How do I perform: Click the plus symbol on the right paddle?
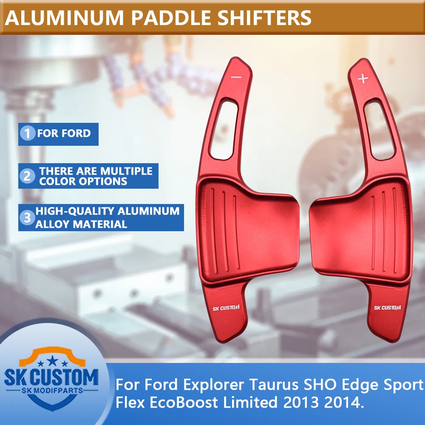pyautogui.click(x=363, y=79)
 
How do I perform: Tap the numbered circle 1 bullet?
pyautogui.click(x=28, y=134)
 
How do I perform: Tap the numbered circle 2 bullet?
pyautogui.click(x=28, y=176)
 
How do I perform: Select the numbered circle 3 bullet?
pyautogui.click(x=28, y=218)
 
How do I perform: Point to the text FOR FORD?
pyautogui.click(x=64, y=133)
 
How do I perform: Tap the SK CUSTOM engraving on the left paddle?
pyautogui.click(x=226, y=309)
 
